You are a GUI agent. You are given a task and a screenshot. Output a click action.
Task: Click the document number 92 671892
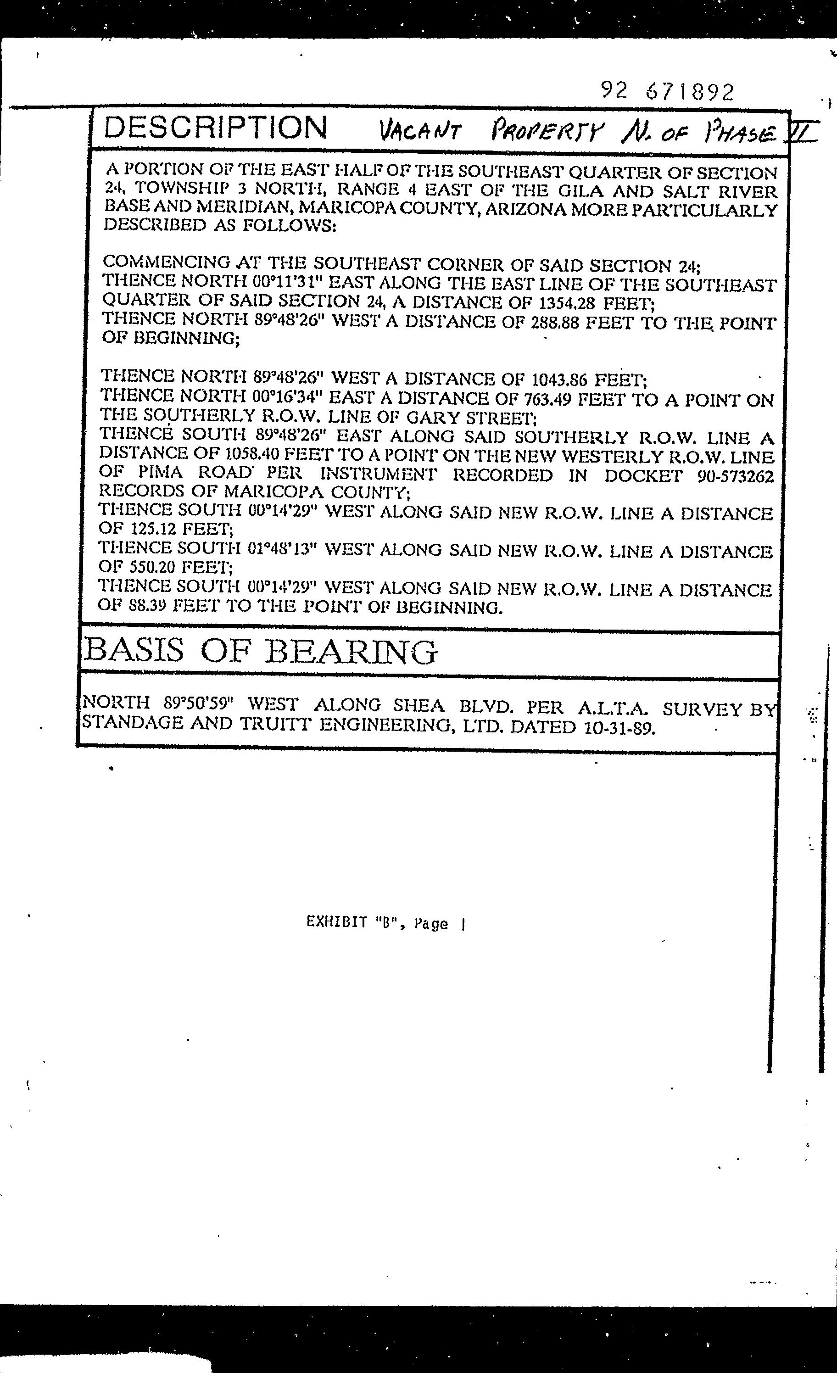667,91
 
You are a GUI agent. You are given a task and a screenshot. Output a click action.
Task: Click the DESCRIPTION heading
216,128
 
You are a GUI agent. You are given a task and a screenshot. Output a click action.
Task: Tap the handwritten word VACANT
420,132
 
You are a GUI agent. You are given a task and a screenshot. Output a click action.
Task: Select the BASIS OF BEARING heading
260,651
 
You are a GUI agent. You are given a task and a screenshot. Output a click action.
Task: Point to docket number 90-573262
735,476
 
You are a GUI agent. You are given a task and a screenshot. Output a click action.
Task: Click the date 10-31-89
619,727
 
